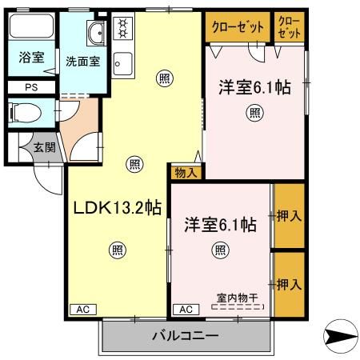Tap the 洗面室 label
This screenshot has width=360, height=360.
pyautogui.click(x=82, y=62)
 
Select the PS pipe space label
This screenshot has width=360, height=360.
pyautogui.click(x=30, y=87)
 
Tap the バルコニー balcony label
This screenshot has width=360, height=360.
pyautogui.click(x=185, y=336)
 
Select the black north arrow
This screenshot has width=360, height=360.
pyautogui.click(x=339, y=336)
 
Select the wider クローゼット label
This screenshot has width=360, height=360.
pyautogui.click(x=238, y=26)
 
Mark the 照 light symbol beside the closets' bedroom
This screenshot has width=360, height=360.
pyautogui.click(x=254, y=113)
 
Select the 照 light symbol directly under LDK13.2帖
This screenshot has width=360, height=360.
pyautogui.click(x=118, y=249)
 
